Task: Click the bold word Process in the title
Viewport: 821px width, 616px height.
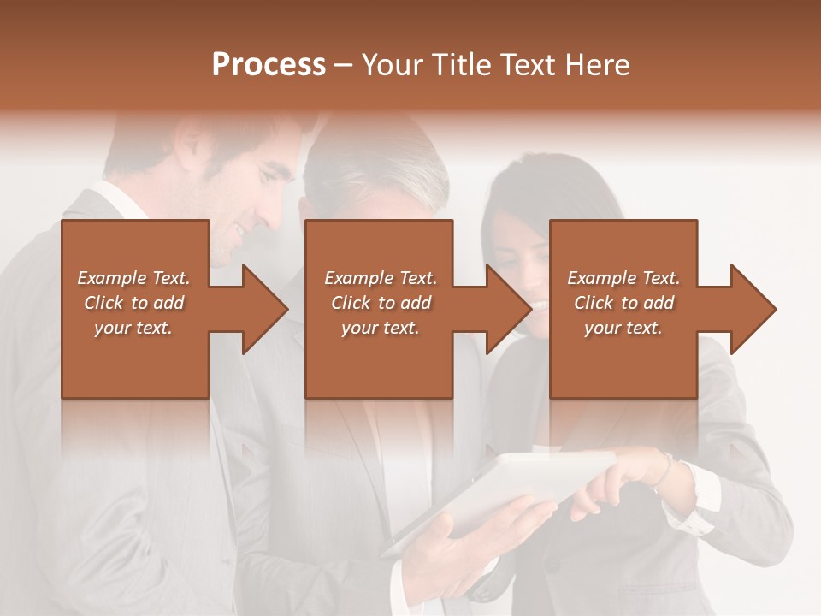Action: point(269,65)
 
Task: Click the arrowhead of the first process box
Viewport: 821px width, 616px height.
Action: point(264,309)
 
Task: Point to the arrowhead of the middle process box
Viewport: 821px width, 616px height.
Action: point(508,309)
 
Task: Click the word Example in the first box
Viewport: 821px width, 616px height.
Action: point(112,278)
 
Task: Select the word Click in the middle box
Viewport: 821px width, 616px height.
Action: point(351,303)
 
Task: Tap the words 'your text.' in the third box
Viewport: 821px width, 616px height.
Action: point(623,328)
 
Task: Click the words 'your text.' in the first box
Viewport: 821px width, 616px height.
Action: point(133,328)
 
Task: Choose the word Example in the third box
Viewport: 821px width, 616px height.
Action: point(601,278)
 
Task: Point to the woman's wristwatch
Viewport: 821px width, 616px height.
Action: point(665,470)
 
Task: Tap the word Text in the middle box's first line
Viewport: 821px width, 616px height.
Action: point(417,278)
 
